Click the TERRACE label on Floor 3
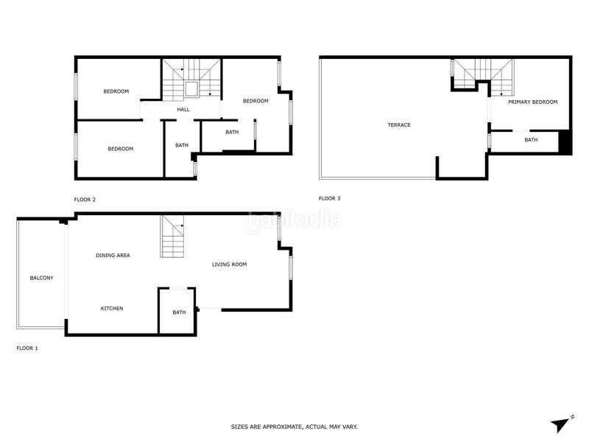[399, 125]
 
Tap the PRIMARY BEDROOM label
[532, 102]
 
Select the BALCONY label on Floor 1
[41, 278]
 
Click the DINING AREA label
[113, 255]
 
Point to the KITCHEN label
[112, 308]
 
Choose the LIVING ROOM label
[229, 264]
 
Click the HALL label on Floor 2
[183, 110]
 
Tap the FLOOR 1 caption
[27, 348]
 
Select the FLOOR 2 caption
[85, 200]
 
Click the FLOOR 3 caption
[329, 198]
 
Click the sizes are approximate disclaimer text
[294, 427]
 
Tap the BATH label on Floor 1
[179, 312]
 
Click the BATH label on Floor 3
[531, 140]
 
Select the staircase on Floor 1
[173, 236]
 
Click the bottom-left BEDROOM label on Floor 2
[120, 149]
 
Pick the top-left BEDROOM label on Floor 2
[116, 91]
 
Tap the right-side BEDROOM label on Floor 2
[255, 101]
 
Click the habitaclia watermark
[294, 220]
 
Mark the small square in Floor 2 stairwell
[191, 89]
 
